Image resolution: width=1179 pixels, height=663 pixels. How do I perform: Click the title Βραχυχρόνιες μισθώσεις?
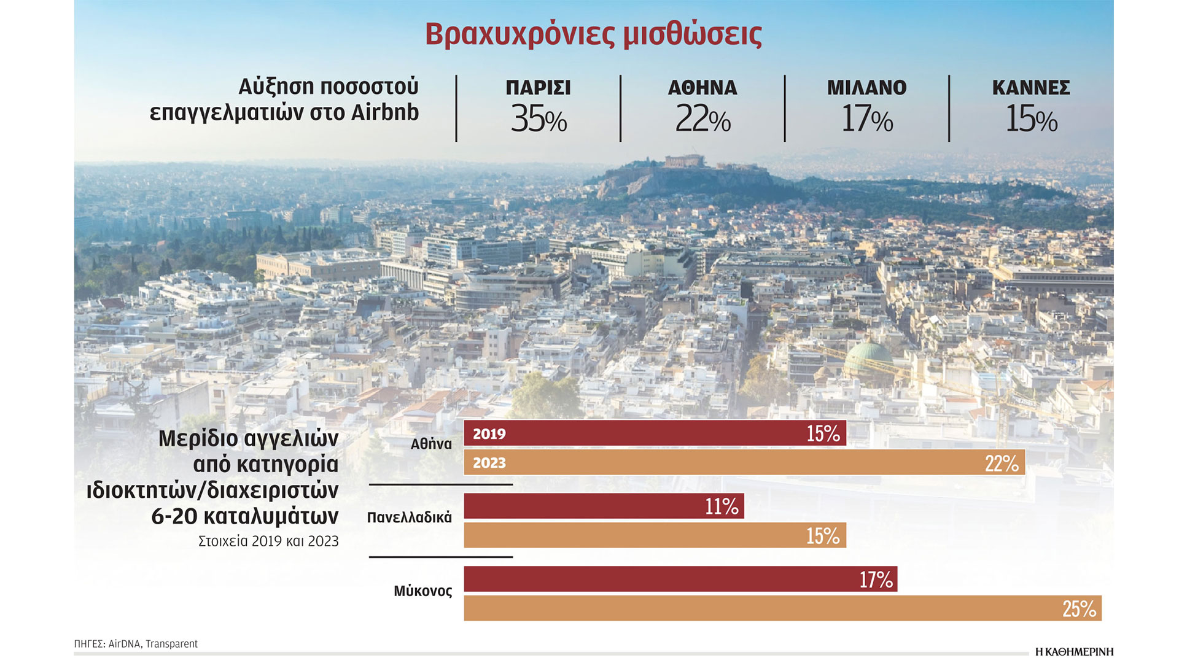click(x=593, y=34)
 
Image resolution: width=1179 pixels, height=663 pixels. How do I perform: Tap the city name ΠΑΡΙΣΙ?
click(x=538, y=88)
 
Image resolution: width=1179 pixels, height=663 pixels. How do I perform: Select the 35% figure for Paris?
click(x=539, y=119)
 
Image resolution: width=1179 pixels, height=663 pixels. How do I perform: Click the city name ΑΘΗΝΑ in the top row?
click(x=702, y=88)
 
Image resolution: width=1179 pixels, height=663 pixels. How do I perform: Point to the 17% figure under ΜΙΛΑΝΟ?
click(x=866, y=119)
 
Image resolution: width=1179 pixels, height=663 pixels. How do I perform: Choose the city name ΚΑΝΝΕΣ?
click(x=1031, y=88)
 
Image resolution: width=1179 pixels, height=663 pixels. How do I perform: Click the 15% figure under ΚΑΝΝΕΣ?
click(x=1031, y=119)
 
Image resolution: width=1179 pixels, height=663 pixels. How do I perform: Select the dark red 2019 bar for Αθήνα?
click(x=655, y=433)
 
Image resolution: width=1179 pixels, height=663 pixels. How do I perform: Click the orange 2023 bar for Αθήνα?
click(x=744, y=462)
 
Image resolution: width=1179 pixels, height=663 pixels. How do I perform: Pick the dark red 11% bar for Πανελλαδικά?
click(x=604, y=506)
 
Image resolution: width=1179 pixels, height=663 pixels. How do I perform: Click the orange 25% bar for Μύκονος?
click(x=782, y=608)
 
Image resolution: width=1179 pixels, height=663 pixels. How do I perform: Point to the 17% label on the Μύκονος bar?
click(x=876, y=579)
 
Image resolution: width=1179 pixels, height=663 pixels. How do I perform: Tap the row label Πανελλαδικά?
click(x=409, y=518)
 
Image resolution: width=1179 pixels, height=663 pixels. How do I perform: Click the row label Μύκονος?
click(x=422, y=591)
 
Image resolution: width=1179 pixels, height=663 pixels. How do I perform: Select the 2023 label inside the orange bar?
click(x=489, y=463)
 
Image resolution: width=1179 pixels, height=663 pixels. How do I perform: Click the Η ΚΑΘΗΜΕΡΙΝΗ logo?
click(x=1074, y=652)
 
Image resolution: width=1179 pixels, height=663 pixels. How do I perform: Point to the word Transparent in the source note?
click(x=171, y=644)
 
